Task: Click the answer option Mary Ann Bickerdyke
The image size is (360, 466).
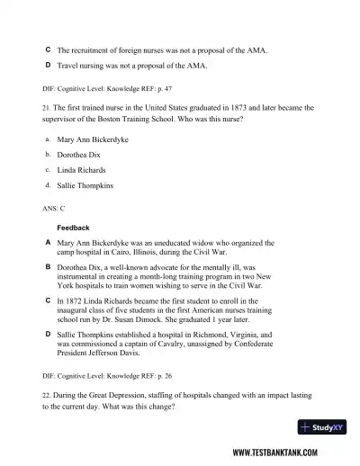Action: pos(92,140)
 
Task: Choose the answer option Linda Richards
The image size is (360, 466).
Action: pos(81,170)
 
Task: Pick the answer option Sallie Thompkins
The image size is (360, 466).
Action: pos(86,185)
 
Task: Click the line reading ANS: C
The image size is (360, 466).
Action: pos(54,208)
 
